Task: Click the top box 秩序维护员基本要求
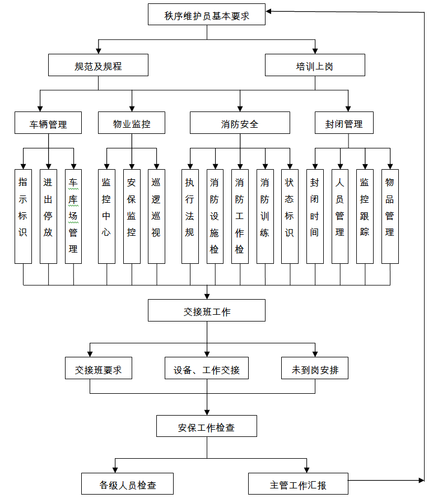[x=207, y=15]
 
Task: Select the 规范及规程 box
[x=98, y=65]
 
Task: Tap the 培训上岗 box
[x=315, y=65]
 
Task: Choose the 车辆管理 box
[x=48, y=123]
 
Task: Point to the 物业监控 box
[x=132, y=123]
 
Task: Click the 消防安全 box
[x=240, y=123]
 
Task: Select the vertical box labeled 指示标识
[x=23, y=216]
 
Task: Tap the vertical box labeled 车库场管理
[x=73, y=216]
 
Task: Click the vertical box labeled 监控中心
[x=106, y=216]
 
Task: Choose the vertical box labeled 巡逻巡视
[x=156, y=216]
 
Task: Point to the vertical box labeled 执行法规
[x=190, y=216]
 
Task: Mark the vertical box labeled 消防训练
[x=265, y=216]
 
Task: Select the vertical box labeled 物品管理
[x=390, y=216]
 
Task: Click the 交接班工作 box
[x=207, y=310]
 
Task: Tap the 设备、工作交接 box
[x=207, y=369]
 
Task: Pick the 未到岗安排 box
[x=315, y=369]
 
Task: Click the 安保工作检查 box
[x=207, y=426]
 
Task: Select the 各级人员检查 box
[x=127, y=484]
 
